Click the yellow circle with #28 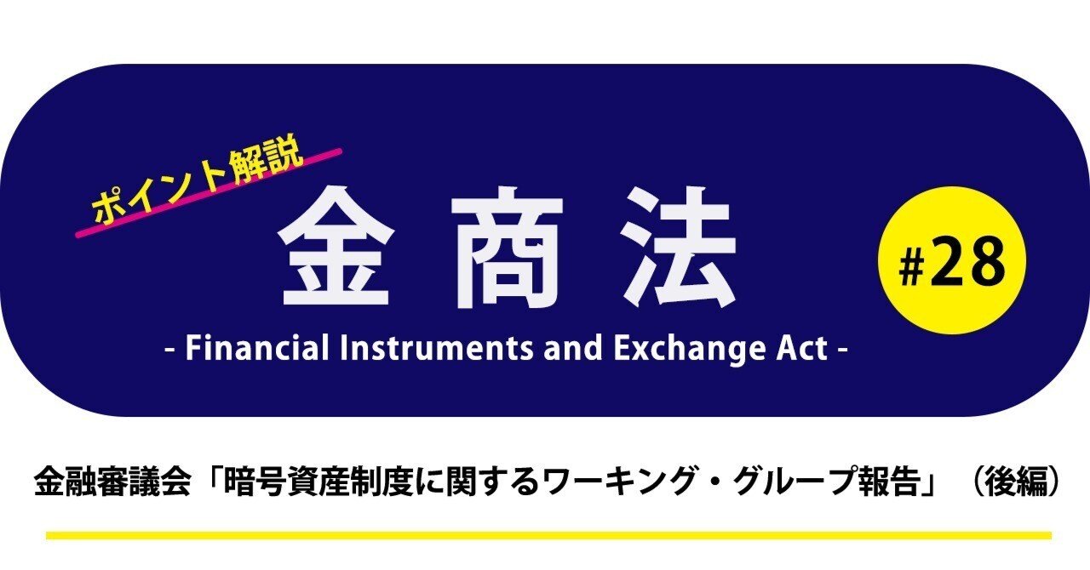click(952, 260)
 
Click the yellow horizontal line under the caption click(548, 535)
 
